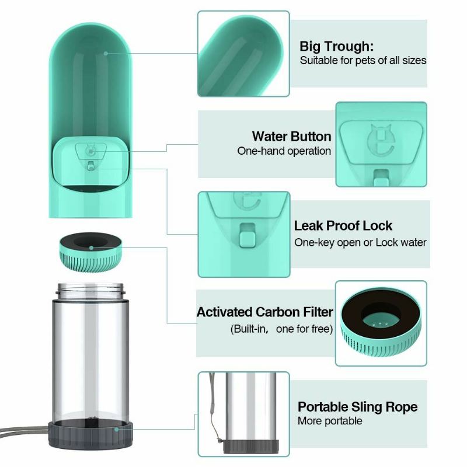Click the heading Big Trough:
click(x=336, y=47)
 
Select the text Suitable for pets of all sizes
click(x=363, y=61)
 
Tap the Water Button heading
click(x=291, y=137)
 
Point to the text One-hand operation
click(x=284, y=151)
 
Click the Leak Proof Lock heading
click(x=343, y=226)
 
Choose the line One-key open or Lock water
click(x=360, y=242)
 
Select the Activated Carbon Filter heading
click(x=265, y=312)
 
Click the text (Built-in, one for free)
click(x=281, y=329)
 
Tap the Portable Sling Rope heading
click(x=357, y=407)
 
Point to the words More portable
click(x=330, y=421)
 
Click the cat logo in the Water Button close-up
click(x=381, y=141)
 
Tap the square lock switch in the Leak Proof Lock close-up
click(x=248, y=235)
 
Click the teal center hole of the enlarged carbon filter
click(x=381, y=321)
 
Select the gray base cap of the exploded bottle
click(x=90, y=434)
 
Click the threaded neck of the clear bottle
click(x=90, y=291)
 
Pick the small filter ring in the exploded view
click(x=90, y=252)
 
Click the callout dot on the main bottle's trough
click(x=106, y=54)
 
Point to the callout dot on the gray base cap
click(x=116, y=429)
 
